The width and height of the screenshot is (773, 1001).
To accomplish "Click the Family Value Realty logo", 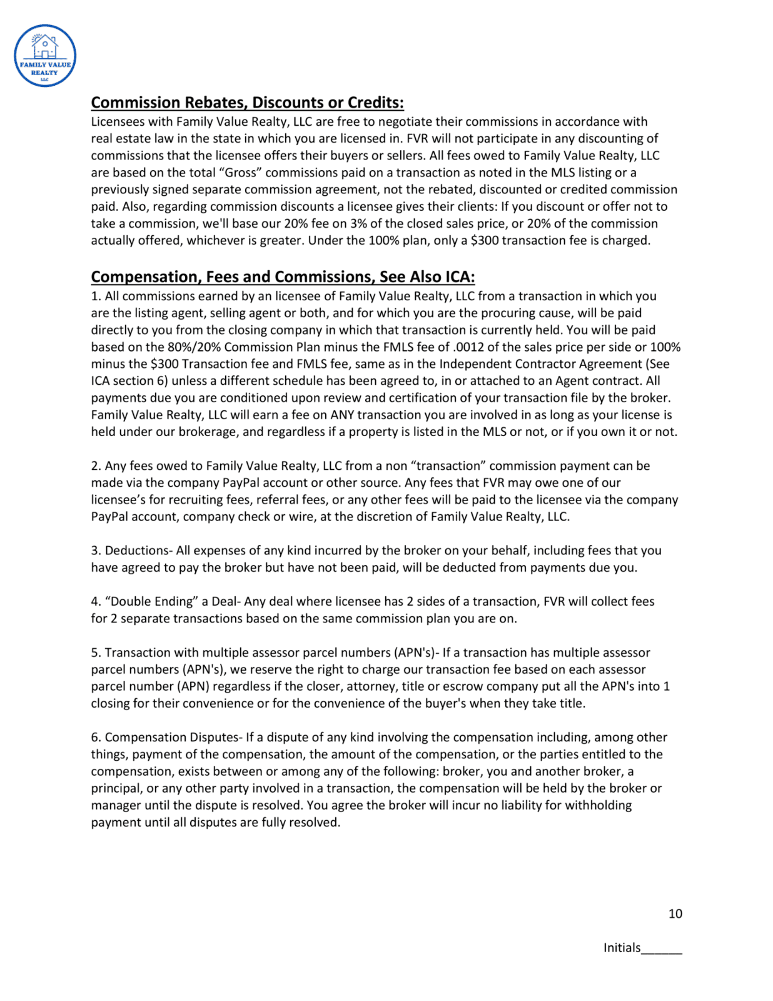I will [45, 56].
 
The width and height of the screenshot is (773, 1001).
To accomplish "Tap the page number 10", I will [675, 913].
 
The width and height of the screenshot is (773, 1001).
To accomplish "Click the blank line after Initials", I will [662, 948].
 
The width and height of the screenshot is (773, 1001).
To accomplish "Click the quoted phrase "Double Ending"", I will [152, 602].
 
